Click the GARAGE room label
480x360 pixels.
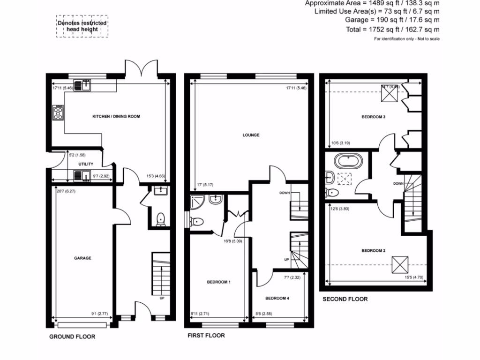coord(82,258)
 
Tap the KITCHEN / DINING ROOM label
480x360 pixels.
coord(116,116)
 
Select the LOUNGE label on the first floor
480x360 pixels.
coord(251,135)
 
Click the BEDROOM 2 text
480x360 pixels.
coord(373,251)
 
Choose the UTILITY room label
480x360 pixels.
coord(86,164)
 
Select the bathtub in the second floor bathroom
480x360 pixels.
coord(348,162)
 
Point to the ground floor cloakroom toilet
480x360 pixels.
coord(161,219)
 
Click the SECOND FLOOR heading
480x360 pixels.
coord(345,299)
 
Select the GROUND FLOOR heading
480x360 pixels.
coord(72,337)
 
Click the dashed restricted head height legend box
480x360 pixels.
coord(82,26)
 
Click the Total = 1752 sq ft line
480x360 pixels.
coord(392,30)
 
